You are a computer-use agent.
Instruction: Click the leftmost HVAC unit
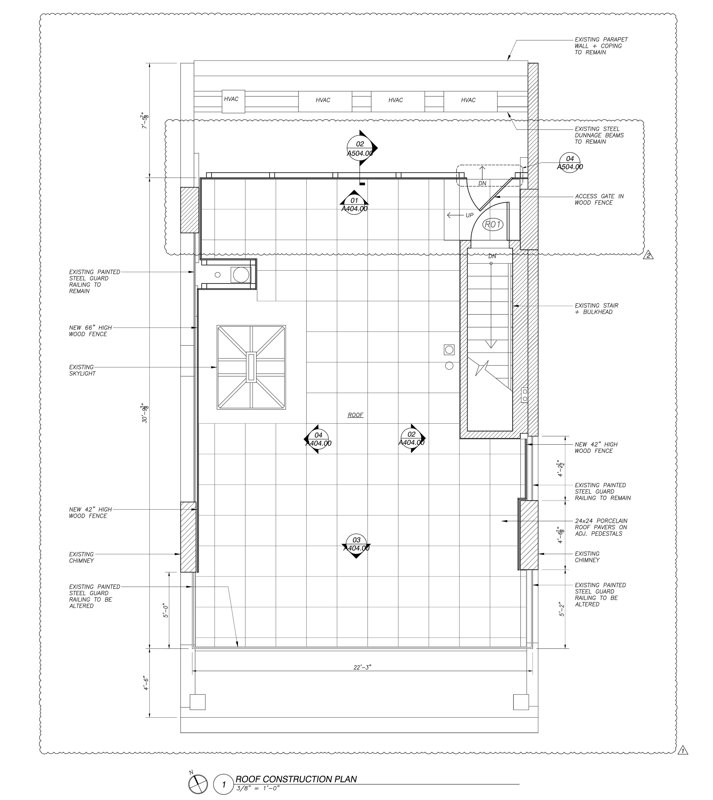[x=233, y=102]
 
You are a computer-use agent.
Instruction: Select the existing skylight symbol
[x=251, y=367]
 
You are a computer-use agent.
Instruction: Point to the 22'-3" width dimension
[x=362, y=667]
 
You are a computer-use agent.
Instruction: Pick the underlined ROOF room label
[x=355, y=415]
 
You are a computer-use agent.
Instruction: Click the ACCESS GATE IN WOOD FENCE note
[x=599, y=199]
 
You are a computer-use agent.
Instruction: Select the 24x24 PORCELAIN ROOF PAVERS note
[x=601, y=527]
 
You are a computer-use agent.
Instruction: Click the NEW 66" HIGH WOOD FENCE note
[x=90, y=331]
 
